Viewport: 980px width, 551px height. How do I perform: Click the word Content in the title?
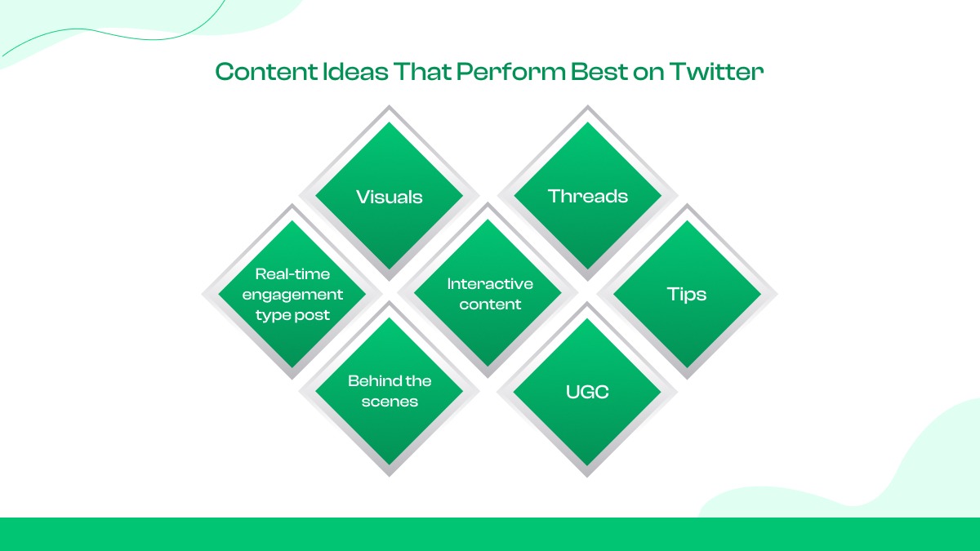click(x=266, y=72)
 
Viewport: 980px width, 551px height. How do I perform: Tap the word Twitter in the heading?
click(x=717, y=72)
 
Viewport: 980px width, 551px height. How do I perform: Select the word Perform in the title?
click(x=511, y=72)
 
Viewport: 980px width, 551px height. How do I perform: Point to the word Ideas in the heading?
click(x=356, y=72)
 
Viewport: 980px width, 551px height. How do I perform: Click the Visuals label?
click(x=390, y=197)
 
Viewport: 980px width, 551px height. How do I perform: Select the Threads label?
click(x=587, y=197)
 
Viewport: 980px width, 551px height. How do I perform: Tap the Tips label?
click(x=687, y=295)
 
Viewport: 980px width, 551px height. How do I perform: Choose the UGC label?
click(x=587, y=392)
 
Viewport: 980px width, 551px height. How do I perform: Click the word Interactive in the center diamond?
click(x=490, y=284)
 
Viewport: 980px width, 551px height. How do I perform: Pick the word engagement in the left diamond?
click(x=292, y=295)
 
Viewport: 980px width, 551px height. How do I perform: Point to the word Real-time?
click(x=292, y=274)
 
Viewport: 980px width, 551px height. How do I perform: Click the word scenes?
click(x=390, y=402)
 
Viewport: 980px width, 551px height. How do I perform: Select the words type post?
click(x=292, y=315)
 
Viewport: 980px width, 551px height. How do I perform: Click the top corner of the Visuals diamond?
click(x=389, y=106)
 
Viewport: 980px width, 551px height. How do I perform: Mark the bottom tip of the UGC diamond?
click(x=587, y=476)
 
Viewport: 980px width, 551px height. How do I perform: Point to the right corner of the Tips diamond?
click(x=777, y=295)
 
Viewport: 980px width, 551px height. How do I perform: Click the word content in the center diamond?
click(x=490, y=304)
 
